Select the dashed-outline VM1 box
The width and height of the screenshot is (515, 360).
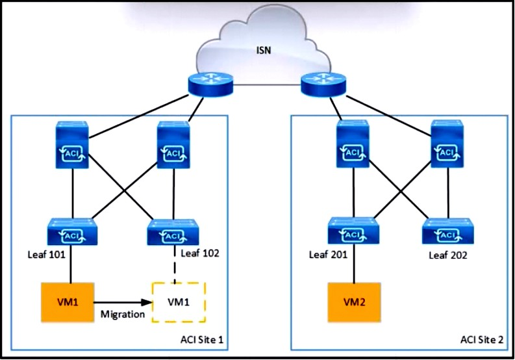click(178, 302)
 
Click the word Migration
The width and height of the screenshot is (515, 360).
click(121, 314)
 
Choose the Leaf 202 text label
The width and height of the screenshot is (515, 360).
click(448, 255)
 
